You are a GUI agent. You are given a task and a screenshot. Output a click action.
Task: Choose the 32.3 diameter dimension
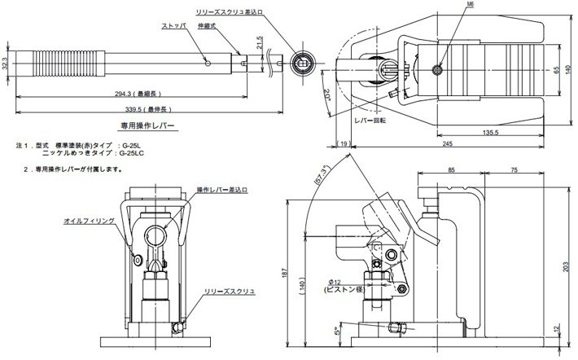click(6, 62)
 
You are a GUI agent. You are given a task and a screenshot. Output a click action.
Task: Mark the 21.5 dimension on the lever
click(260, 42)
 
